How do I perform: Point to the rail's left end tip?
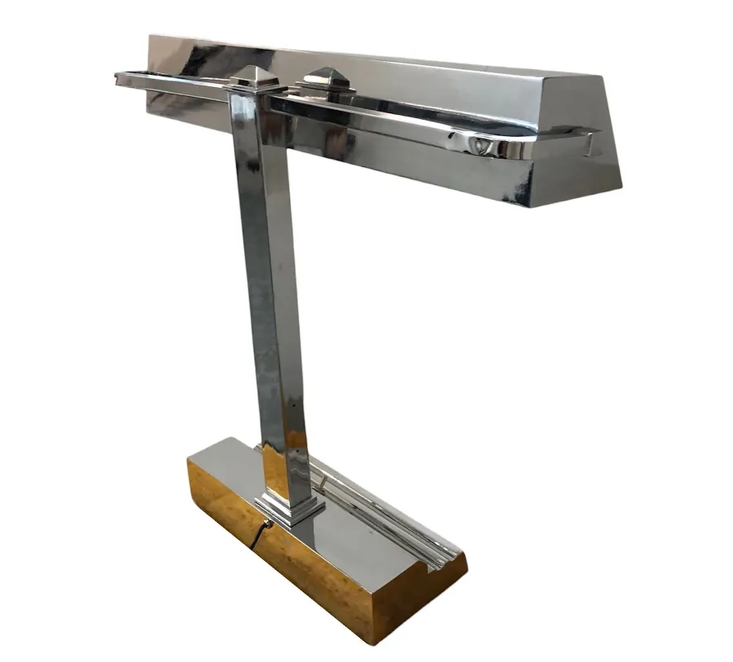pos(119,77)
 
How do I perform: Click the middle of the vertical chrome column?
pos(269,285)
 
